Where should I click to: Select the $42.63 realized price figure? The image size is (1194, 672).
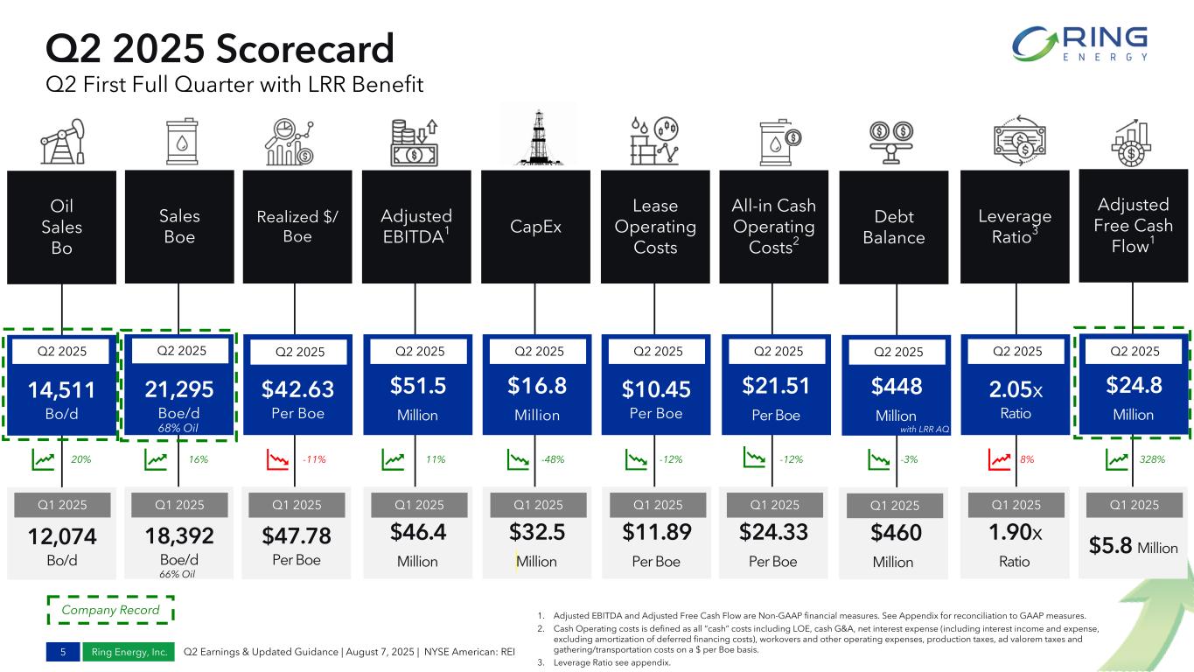(x=297, y=387)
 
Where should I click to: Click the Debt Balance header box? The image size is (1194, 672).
(x=893, y=227)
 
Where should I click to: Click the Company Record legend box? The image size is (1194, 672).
(x=110, y=610)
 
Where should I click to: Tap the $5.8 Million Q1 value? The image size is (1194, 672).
(x=1133, y=548)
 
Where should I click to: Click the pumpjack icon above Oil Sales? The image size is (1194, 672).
(x=63, y=141)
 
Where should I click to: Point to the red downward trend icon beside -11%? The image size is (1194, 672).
(x=279, y=458)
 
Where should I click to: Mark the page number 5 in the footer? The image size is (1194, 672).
(x=63, y=652)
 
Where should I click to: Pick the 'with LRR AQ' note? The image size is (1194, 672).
(x=925, y=429)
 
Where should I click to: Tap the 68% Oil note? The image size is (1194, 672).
(x=178, y=427)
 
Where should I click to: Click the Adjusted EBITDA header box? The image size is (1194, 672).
(x=416, y=226)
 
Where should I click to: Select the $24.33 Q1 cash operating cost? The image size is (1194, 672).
(x=774, y=532)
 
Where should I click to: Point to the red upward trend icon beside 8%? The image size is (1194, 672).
(x=1001, y=458)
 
